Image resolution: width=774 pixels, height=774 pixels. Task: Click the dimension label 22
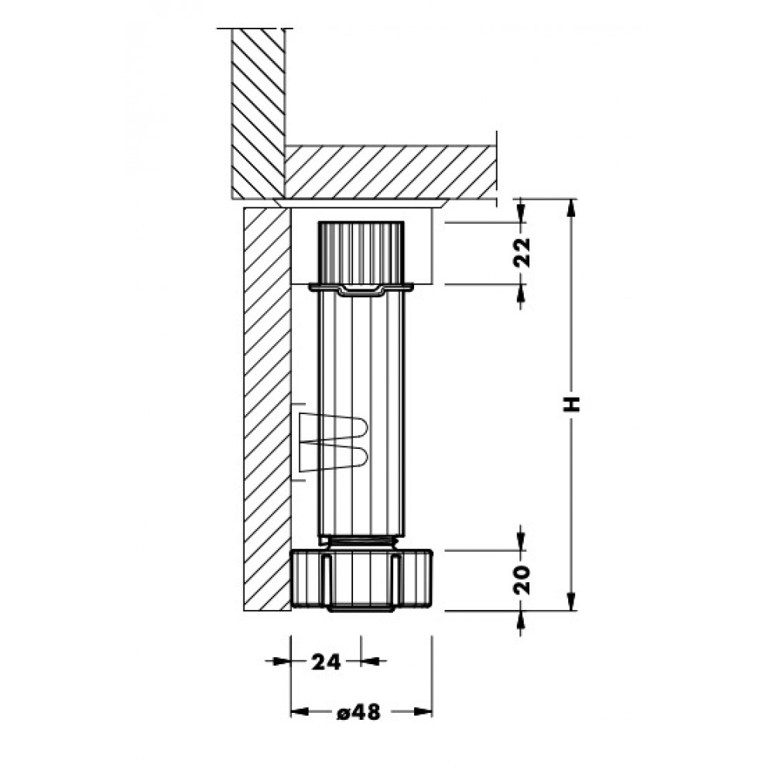click(x=522, y=252)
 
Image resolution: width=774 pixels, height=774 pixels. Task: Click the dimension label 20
click(x=522, y=580)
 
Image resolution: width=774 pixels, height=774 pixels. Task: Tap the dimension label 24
click(x=326, y=662)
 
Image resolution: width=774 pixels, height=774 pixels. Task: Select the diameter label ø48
click(x=359, y=712)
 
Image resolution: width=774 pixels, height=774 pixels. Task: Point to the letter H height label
click(x=572, y=402)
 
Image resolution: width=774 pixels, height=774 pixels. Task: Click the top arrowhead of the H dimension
click(x=571, y=207)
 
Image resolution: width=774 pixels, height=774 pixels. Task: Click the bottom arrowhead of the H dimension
click(x=571, y=601)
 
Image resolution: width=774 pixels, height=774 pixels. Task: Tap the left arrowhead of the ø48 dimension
click(x=300, y=712)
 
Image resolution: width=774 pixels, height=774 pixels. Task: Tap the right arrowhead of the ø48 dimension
click(x=423, y=712)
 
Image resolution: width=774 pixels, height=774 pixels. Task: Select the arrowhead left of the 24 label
click(x=283, y=661)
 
